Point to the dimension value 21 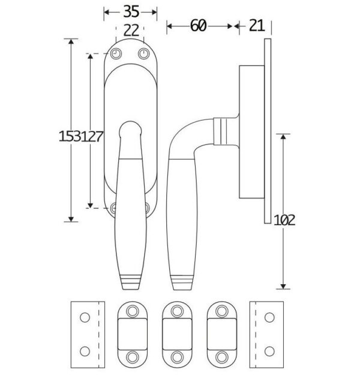point(256,25)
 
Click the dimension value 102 point(284,220)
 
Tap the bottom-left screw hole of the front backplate point(116,208)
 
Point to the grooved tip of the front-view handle point(131,279)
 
